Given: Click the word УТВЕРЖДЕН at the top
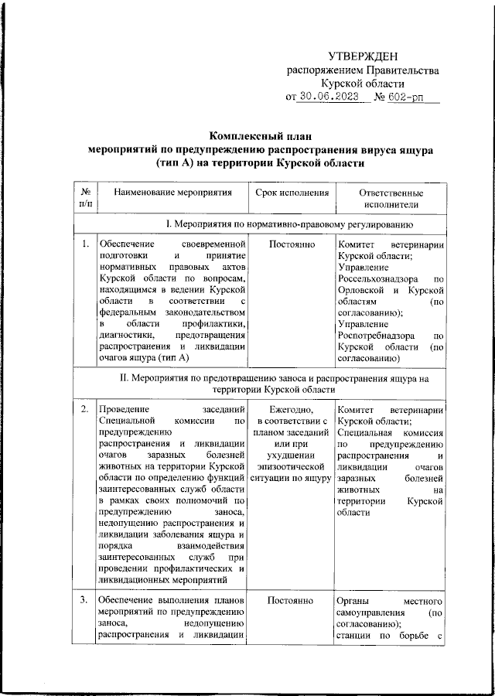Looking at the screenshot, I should (363, 56).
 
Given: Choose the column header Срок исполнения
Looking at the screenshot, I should (292, 192).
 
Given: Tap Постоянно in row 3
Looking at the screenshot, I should (292, 599).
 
